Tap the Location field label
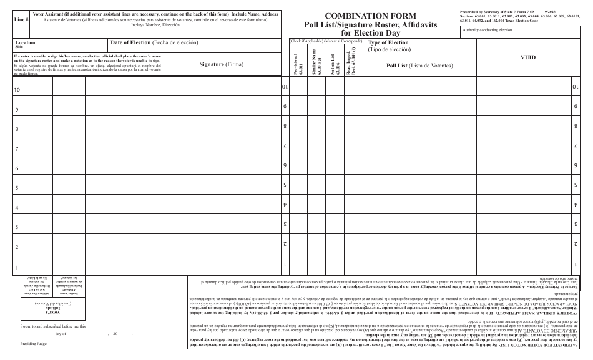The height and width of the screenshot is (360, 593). [x=25, y=42]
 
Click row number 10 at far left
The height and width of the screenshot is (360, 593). [x=17, y=90]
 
